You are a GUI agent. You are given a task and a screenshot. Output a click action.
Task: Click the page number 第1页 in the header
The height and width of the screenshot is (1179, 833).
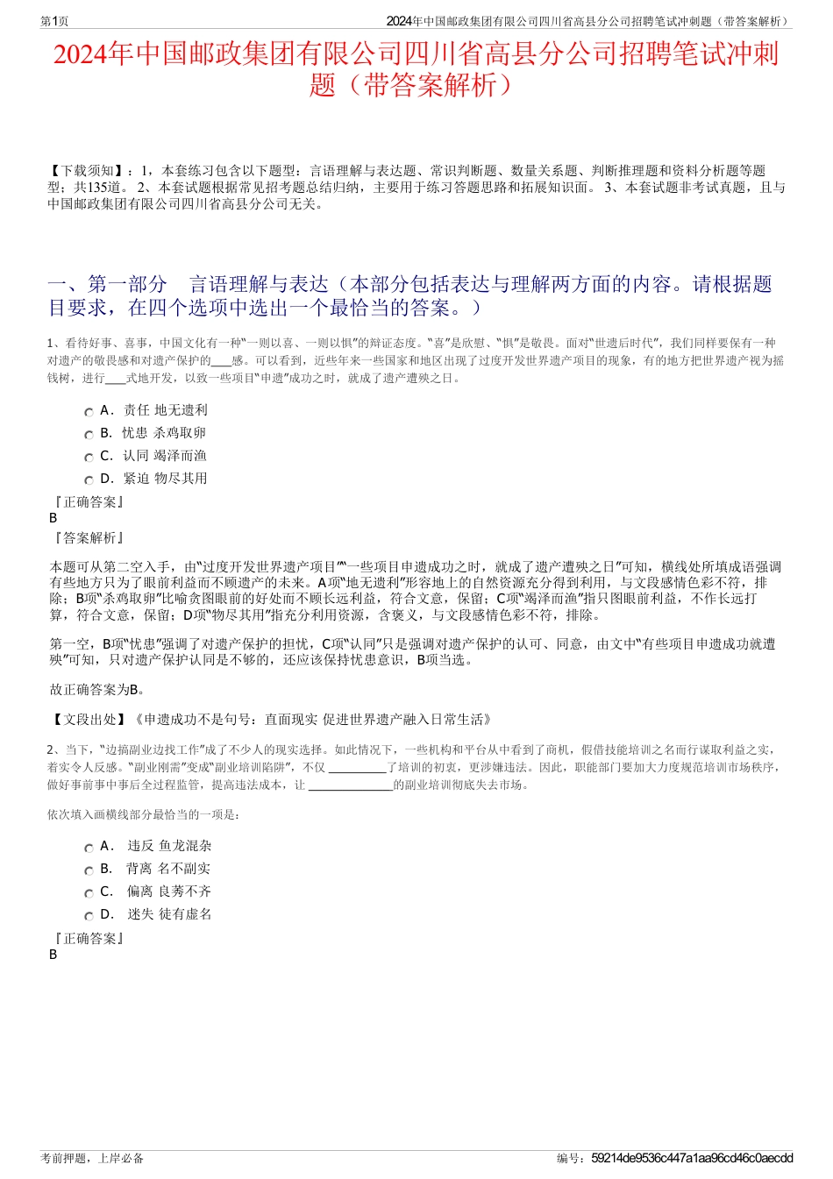54,21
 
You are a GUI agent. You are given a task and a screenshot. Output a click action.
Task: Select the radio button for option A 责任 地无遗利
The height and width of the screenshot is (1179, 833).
89,412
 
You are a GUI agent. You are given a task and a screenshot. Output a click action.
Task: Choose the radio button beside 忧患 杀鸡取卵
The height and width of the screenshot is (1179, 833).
89,435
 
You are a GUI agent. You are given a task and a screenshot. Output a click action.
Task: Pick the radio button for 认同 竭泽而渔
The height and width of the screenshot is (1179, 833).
89,458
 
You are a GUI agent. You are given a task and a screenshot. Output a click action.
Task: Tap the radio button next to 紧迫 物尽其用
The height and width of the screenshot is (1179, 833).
89,480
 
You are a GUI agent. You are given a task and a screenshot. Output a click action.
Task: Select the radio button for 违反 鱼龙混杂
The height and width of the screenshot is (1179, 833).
89,848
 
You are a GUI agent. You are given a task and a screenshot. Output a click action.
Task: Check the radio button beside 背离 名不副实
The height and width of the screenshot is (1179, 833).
89,870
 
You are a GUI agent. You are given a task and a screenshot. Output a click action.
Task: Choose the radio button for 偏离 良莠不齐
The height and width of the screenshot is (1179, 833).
89,893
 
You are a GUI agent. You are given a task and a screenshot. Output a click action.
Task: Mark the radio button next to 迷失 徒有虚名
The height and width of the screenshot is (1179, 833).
89,916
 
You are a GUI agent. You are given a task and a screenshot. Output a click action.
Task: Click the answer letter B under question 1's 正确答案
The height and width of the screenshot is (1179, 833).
53,518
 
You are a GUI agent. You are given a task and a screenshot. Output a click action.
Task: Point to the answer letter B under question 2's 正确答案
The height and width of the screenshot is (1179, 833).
53,955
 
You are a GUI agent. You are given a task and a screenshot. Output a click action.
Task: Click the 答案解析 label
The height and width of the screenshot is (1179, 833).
89,538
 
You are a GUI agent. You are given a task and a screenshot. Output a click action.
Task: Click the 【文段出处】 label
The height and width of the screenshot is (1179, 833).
87,720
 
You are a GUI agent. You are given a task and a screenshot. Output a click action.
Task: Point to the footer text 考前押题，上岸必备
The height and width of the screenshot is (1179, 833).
93,1158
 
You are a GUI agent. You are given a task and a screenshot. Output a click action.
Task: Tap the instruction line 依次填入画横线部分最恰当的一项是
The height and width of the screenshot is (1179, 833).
145,814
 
